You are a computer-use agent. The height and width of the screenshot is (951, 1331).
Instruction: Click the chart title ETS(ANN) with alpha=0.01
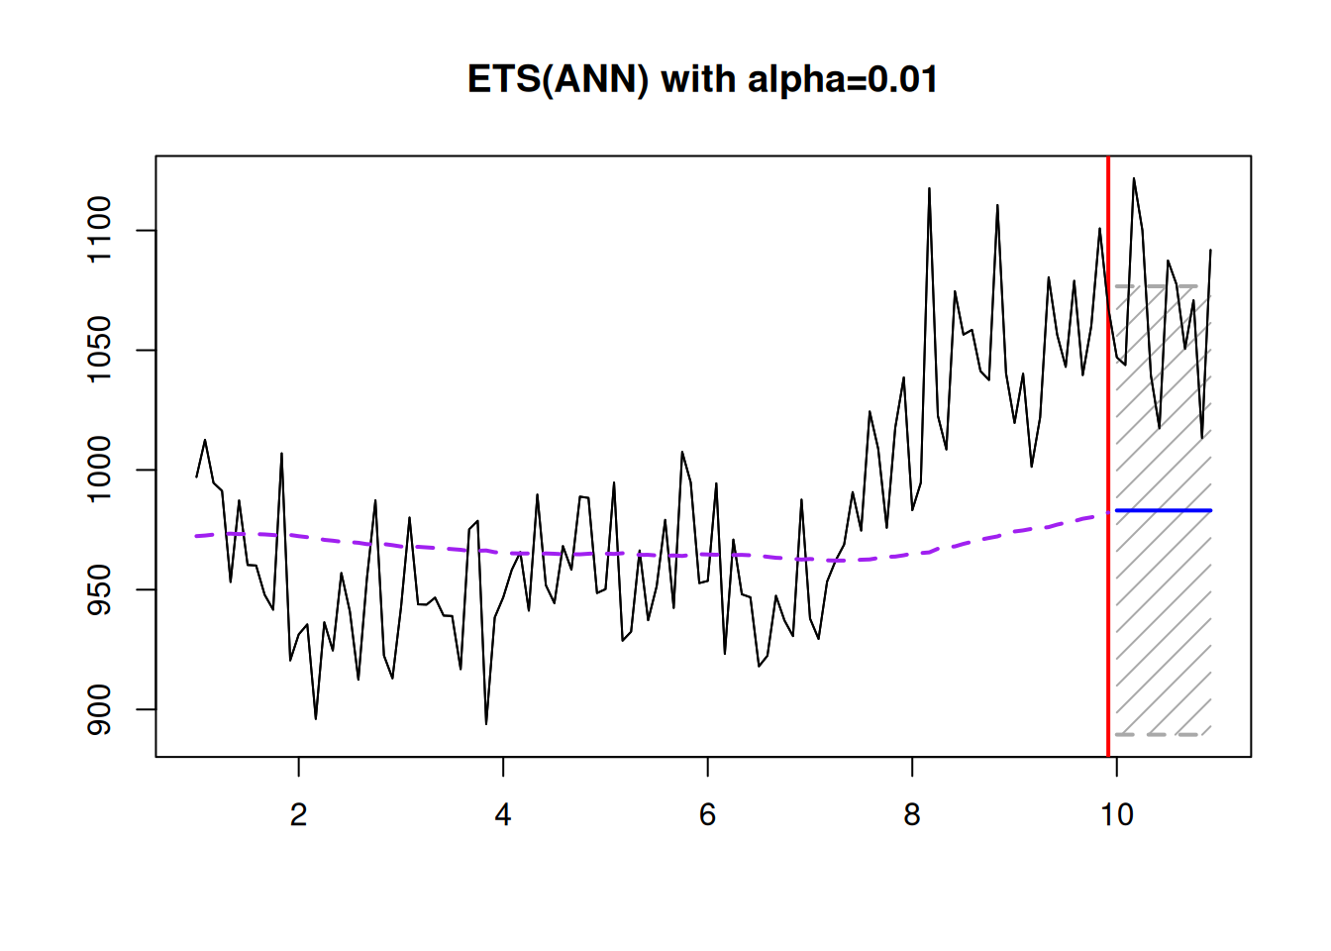coord(702,79)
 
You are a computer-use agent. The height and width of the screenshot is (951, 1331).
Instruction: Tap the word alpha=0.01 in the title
coord(842,79)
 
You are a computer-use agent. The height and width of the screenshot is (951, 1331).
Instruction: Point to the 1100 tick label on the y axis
coord(100,231)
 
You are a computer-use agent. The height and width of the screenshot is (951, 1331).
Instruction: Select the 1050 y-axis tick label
coord(100,350)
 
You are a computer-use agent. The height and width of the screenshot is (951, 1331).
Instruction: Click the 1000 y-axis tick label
coord(100,470)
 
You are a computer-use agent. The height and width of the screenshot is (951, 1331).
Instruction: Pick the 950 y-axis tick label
coord(100,589)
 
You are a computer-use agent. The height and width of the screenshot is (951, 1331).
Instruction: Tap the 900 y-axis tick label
coord(100,709)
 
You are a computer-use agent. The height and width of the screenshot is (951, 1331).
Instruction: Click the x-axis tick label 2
coord(298,814)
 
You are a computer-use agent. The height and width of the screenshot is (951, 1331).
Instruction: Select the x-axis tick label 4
coord(503,814)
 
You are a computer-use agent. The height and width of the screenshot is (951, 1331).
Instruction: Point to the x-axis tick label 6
coord(707,814)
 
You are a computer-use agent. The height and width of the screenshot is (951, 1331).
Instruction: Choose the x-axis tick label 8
coord(912,814)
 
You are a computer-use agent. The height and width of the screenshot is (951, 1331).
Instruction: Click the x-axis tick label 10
coord(1116,814)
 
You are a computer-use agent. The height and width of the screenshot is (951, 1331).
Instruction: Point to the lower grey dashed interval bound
coord(1159,734)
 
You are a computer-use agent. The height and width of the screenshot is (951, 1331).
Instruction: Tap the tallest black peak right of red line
coord(1134,179)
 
